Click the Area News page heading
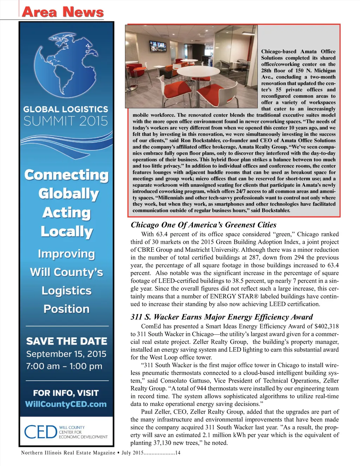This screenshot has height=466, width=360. point(63,12)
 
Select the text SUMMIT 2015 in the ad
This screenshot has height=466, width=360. point(66,121)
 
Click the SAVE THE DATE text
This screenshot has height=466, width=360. point(66,341)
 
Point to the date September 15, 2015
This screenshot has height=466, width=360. point(66,354)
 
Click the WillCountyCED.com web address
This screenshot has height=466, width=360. point(66,404)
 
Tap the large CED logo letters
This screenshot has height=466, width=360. point(40,432)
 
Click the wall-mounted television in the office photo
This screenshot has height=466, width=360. point(157,46)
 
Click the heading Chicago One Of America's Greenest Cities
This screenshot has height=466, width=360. point(204,225)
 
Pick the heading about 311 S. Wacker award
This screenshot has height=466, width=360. point(221,317)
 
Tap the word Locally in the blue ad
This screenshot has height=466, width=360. point(66,231)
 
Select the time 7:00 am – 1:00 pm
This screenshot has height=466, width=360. point(64,366)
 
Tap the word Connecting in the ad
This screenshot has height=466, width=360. point(66,175)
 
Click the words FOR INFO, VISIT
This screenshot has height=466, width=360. point(66,393)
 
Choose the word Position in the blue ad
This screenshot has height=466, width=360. point(66,309)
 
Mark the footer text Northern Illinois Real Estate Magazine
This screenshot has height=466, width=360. point(68,453)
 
